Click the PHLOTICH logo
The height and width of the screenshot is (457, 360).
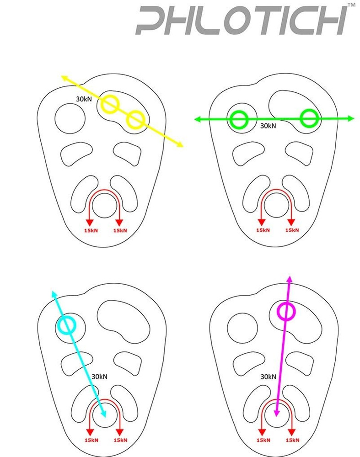click(x=242, y=21)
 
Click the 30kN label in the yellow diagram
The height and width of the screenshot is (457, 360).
click(x=84, y=99)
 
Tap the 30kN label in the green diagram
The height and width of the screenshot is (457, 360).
click(x=268, y=126)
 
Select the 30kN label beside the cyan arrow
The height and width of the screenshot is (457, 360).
click(x=99, y=377)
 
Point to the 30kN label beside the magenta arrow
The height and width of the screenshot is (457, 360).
click(x=268, y=377)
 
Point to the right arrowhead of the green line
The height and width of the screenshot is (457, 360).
click(x=351, y=118)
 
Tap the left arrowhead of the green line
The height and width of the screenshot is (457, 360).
click(x=198, y=119)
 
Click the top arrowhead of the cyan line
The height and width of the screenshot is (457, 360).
click(x=54, y=294)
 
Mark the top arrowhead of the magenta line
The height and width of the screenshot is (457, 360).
click(x=290, y=278)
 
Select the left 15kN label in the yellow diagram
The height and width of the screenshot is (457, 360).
click(x=91, y=230)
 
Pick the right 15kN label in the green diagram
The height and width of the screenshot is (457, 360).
click(x=292, y=230)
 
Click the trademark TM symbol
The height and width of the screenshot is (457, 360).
click(x=352, y=5)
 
